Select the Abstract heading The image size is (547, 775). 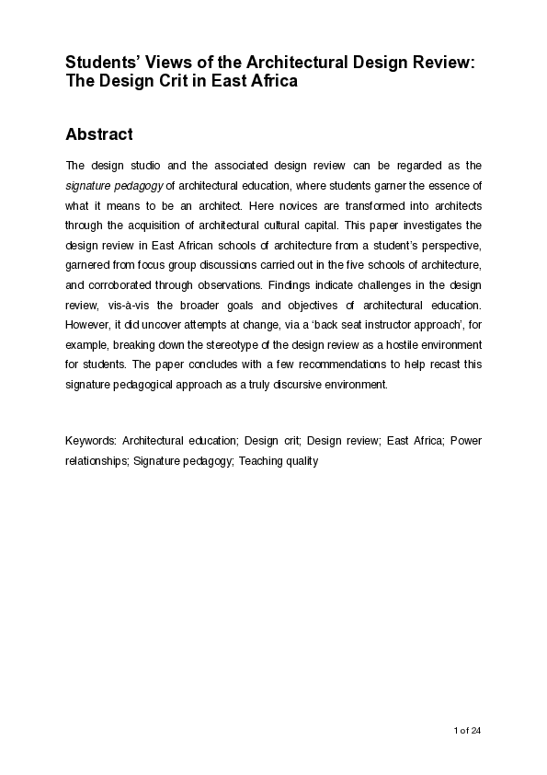[x=99, y=134]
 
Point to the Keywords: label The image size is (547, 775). [x=91, y=441]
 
